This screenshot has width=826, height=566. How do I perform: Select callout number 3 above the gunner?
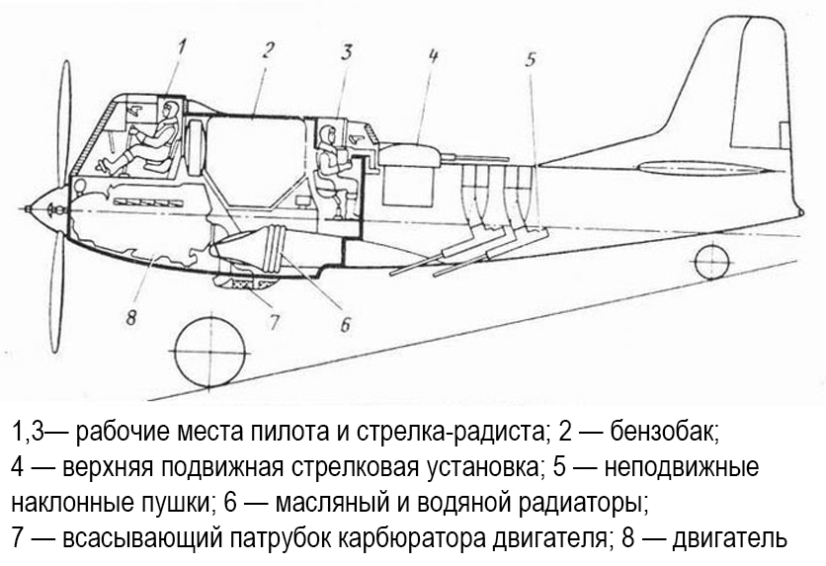point(347,52)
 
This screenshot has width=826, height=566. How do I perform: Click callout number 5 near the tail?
point(531,59)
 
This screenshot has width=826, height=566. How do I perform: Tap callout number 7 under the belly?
point(275,320)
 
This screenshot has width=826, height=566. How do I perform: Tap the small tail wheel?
point(710,262)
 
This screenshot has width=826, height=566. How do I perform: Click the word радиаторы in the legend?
point(582,502)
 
